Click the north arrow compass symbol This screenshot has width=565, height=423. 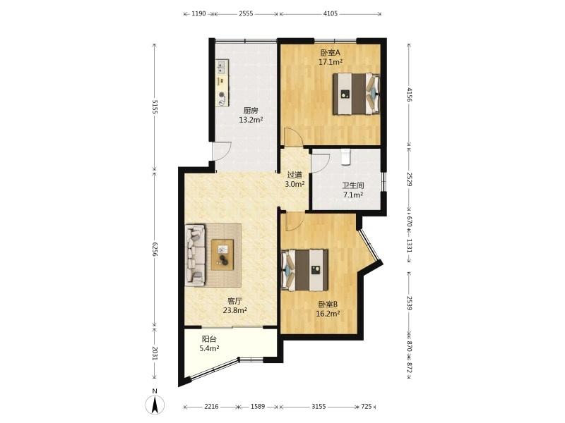click(155, 403)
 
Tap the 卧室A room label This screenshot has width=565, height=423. click(331, 53)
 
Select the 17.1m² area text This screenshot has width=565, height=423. click(330, 62)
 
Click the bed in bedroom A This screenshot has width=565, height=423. click(356, 94)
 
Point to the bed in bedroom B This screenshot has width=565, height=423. click(305, 270)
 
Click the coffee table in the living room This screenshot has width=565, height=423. click(222, 255)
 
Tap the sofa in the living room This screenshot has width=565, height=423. click(195, 255)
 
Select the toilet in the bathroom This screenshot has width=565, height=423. click(346, 157)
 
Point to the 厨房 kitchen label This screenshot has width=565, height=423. click(251, 111)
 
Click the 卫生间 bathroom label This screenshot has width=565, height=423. click(352, 185)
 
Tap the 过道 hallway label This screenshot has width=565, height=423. click(295, 175)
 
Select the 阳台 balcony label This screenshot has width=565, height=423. click(209, 339)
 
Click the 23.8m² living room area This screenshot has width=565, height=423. click(235, 310)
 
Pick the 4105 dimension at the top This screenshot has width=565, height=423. click(331, 13)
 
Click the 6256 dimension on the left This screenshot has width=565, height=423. click(155, 250)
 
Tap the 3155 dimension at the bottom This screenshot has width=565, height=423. click(319, 407)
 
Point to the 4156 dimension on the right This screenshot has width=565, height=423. click(409, 94)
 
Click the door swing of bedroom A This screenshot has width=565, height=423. click(292, 137)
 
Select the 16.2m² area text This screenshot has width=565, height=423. click(328, 314)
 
